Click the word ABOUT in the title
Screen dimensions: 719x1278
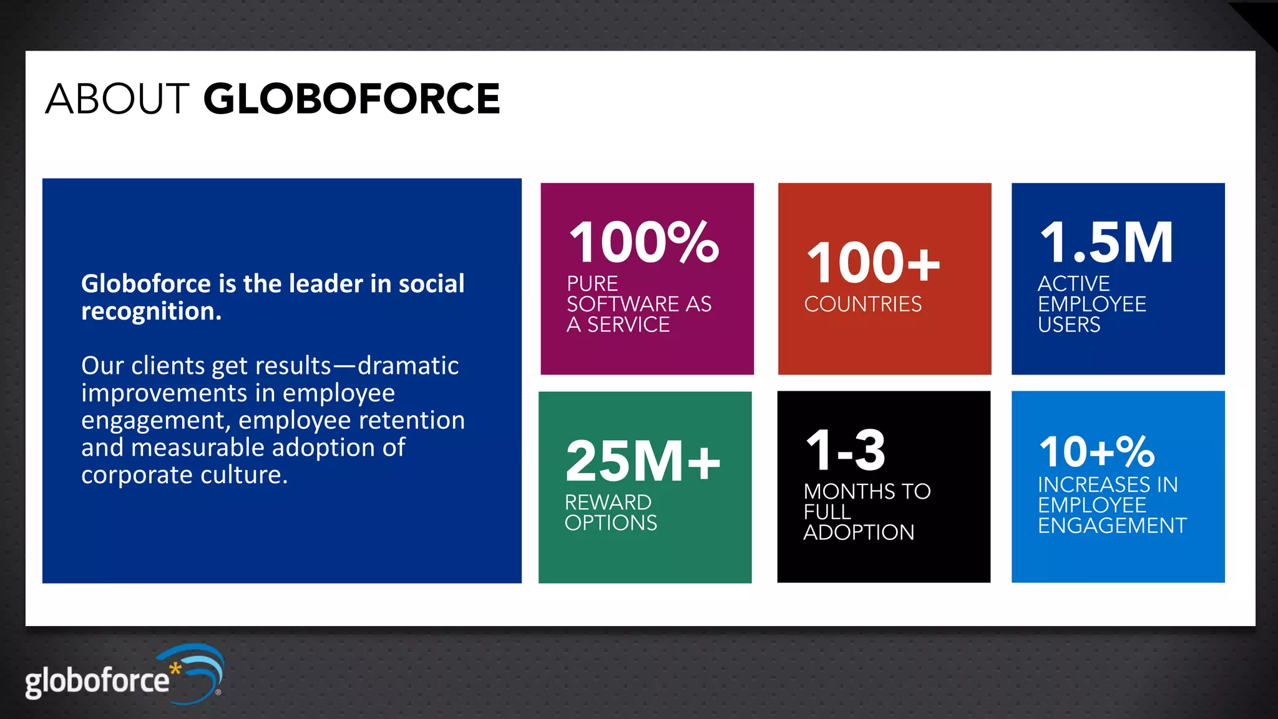tap(117, 99)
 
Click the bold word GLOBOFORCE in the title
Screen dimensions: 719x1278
tap(352, 99)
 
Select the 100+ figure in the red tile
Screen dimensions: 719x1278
tap(873, 263)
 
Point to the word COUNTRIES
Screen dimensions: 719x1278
tap(862, 305)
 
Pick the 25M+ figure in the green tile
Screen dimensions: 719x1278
tap(643, 461)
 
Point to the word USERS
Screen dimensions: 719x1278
tap(1069, 325)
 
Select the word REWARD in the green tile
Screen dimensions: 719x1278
tap(608, 502)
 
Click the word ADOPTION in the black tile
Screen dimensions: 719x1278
tap(859, 532)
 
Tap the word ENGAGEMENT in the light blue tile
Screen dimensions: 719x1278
tap(1112, 526)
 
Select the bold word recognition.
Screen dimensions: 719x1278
tap(151, 311)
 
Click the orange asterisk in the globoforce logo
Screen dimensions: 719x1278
tap(175, 670)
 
